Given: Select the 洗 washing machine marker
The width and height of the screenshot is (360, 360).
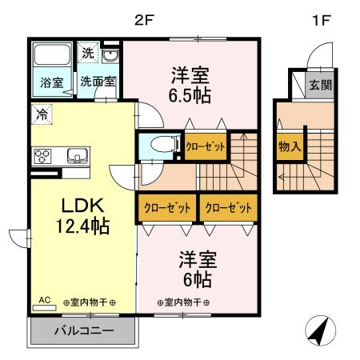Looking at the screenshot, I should click(88, 53).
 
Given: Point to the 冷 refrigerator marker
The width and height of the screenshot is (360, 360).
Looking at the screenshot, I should click(41, 114).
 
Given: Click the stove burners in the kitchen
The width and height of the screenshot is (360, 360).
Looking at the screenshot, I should click(42, 154).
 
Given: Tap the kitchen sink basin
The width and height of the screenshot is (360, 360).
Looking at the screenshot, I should click(77, 154).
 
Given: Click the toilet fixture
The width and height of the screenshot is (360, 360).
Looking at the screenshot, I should click(158, 146).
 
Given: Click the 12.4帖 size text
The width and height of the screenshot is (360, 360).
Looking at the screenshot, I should click(78, 226).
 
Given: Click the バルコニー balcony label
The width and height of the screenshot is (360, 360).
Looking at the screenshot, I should click(83, 330).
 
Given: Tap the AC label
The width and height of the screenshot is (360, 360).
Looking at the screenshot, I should click(45, 301).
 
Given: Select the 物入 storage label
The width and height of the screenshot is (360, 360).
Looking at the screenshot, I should click(290, 147).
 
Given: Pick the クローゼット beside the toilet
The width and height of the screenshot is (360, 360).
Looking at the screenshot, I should click(206, 146).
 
